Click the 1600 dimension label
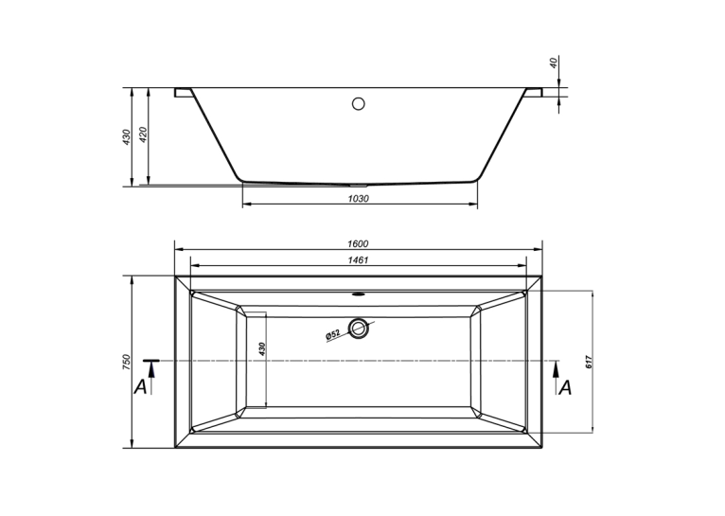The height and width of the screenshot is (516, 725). point(358,243)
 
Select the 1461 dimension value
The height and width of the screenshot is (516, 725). point(358,260)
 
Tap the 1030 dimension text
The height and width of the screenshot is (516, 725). point(359,199)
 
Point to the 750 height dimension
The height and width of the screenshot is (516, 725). point(127,362)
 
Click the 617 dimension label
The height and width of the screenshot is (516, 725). point(589,362)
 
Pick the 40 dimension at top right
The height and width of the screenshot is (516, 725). point(554,62)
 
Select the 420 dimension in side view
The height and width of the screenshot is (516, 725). point(142,134)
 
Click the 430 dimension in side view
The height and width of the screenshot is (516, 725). point(127,137)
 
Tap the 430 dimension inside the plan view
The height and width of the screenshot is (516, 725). point(262,348)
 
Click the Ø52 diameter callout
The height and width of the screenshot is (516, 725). point(333,335)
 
